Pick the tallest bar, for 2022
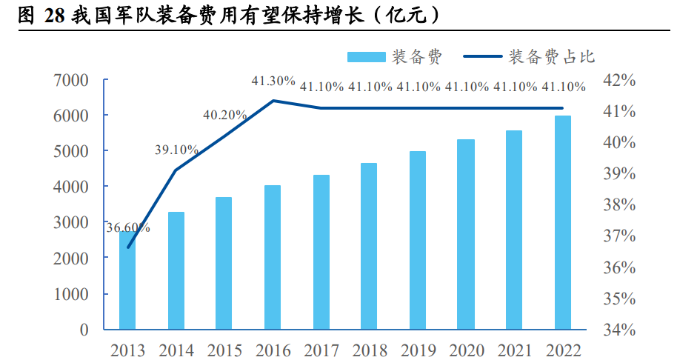pos(563,222)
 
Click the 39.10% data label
pos(176,150)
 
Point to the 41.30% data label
pos(273,80)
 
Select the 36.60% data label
pos(127,228)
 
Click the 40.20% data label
pos(224,115)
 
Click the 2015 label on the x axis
pos(224,350)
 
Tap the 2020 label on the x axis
pos(466,350)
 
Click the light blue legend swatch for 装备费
pos(366,57)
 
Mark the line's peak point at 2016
pos(273,100)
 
